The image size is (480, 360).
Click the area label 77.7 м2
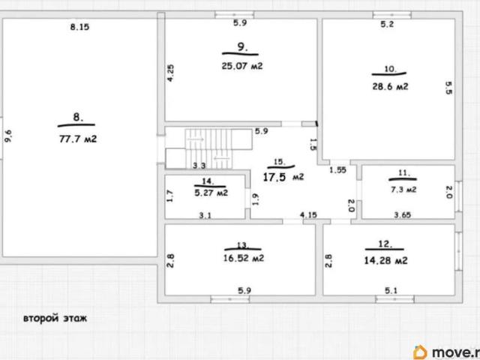tap(78, 139)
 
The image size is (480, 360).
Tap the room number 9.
tap(242, 46)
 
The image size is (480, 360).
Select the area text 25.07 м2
tap(242, 66)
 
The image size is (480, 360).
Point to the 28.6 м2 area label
tap(390, 87)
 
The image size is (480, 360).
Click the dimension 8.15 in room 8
tap(79, 27)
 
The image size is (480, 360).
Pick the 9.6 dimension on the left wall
tap(8, 136)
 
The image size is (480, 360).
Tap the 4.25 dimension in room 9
tap(170, 73)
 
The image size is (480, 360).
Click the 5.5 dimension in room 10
tap(448, 88)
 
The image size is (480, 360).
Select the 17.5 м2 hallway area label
tap(283, 177)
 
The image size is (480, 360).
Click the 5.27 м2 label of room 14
tap(211, 193)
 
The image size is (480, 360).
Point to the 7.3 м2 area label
tap(403, 190)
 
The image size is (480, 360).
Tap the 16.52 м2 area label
tap(243, 258)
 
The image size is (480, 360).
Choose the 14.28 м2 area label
tap(385, 260)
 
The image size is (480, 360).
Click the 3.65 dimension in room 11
tap(402, 215)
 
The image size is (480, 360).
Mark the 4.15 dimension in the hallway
tap(308, 215)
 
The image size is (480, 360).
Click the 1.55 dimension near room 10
tap(338, 170)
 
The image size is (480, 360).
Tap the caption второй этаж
tap(55, 318)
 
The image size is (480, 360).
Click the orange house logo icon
tap(420, 352)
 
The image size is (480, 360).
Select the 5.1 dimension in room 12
tap(391, 290)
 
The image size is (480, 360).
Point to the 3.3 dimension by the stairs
tap(199, 166)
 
